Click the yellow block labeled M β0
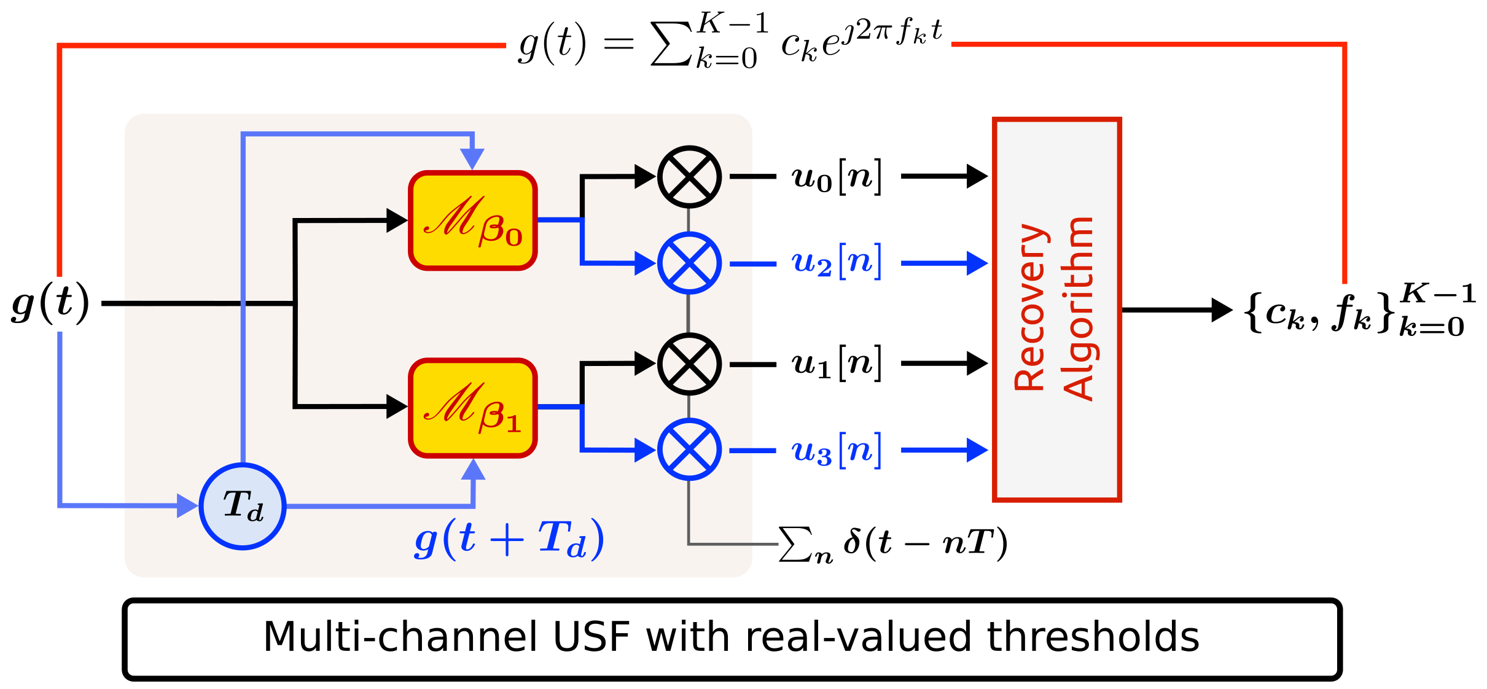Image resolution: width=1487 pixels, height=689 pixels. coord(473,220)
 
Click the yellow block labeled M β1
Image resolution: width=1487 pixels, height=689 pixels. coord(473,408)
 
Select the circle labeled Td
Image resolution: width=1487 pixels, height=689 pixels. coord(243,506)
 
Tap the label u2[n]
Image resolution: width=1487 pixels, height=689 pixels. coord(837,262)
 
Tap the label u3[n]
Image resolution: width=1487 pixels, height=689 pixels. coord(837,451)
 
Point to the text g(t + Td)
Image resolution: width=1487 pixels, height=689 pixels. coord(509,539)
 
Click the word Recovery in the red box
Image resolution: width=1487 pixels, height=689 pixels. coord(1029,307)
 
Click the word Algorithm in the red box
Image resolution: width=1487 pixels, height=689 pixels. coord(1079,308)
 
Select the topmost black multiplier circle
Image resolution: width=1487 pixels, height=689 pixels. coord(689,176)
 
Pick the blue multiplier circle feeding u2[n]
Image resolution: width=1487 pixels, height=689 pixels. coord(689,263)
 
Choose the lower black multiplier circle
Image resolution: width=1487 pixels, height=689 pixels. coord(689,364)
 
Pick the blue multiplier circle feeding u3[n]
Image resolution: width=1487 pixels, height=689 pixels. coord(689,450)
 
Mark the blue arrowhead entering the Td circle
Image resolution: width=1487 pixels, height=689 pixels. coord(187,505)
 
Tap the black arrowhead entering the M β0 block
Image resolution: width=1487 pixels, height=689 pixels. coord(396,220)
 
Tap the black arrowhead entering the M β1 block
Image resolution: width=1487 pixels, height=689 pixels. coord(396,407)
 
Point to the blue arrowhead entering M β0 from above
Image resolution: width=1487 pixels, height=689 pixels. coord(472,158)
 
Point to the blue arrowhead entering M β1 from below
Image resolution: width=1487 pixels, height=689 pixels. coord(473,470)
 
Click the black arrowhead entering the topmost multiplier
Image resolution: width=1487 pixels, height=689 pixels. coord(644,176)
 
